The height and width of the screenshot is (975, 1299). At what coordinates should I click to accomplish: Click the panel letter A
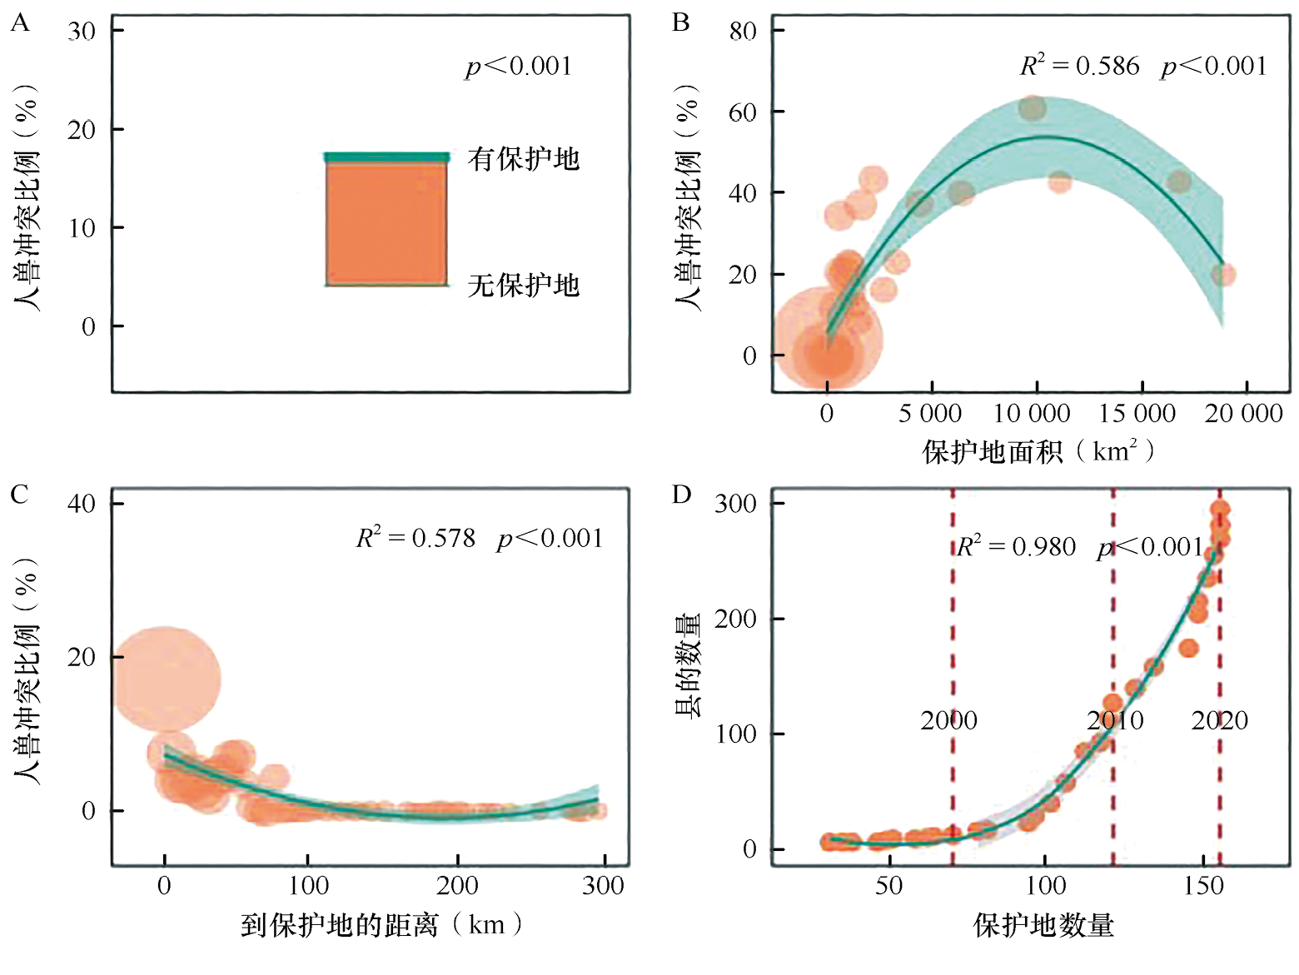coord(20,22)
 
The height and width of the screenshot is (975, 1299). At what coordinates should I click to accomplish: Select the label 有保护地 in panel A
coord(523,158)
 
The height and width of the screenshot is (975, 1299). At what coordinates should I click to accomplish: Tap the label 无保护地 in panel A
coord(523,286)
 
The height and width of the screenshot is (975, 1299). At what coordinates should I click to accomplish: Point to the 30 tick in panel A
coord(82,32)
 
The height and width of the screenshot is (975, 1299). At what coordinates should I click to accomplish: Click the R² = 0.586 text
coord(1079,66)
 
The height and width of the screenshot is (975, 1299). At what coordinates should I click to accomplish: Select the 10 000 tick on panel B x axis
coord(1033,413)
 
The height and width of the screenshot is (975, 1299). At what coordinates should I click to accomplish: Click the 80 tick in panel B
coord(742,32)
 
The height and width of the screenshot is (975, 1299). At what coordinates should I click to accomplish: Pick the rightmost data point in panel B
coord(1222,274)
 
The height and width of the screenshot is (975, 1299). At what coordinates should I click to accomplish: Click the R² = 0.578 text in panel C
coord(416,538)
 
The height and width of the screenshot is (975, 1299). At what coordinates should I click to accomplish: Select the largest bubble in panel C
coord(165,679)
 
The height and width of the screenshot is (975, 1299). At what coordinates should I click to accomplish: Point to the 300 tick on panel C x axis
coord(603,885)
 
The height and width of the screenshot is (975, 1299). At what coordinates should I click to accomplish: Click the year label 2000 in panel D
coord(948,720)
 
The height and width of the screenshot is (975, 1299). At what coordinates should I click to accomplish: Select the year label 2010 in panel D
coord(1115,720)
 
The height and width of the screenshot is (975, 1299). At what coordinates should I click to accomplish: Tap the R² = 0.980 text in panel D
coord(1016,546)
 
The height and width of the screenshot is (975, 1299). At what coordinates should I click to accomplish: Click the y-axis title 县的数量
coord(688,666)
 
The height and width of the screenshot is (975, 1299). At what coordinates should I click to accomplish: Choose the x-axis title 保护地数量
coord(1043,925)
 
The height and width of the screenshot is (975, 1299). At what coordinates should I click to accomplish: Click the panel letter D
coord(681,495)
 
